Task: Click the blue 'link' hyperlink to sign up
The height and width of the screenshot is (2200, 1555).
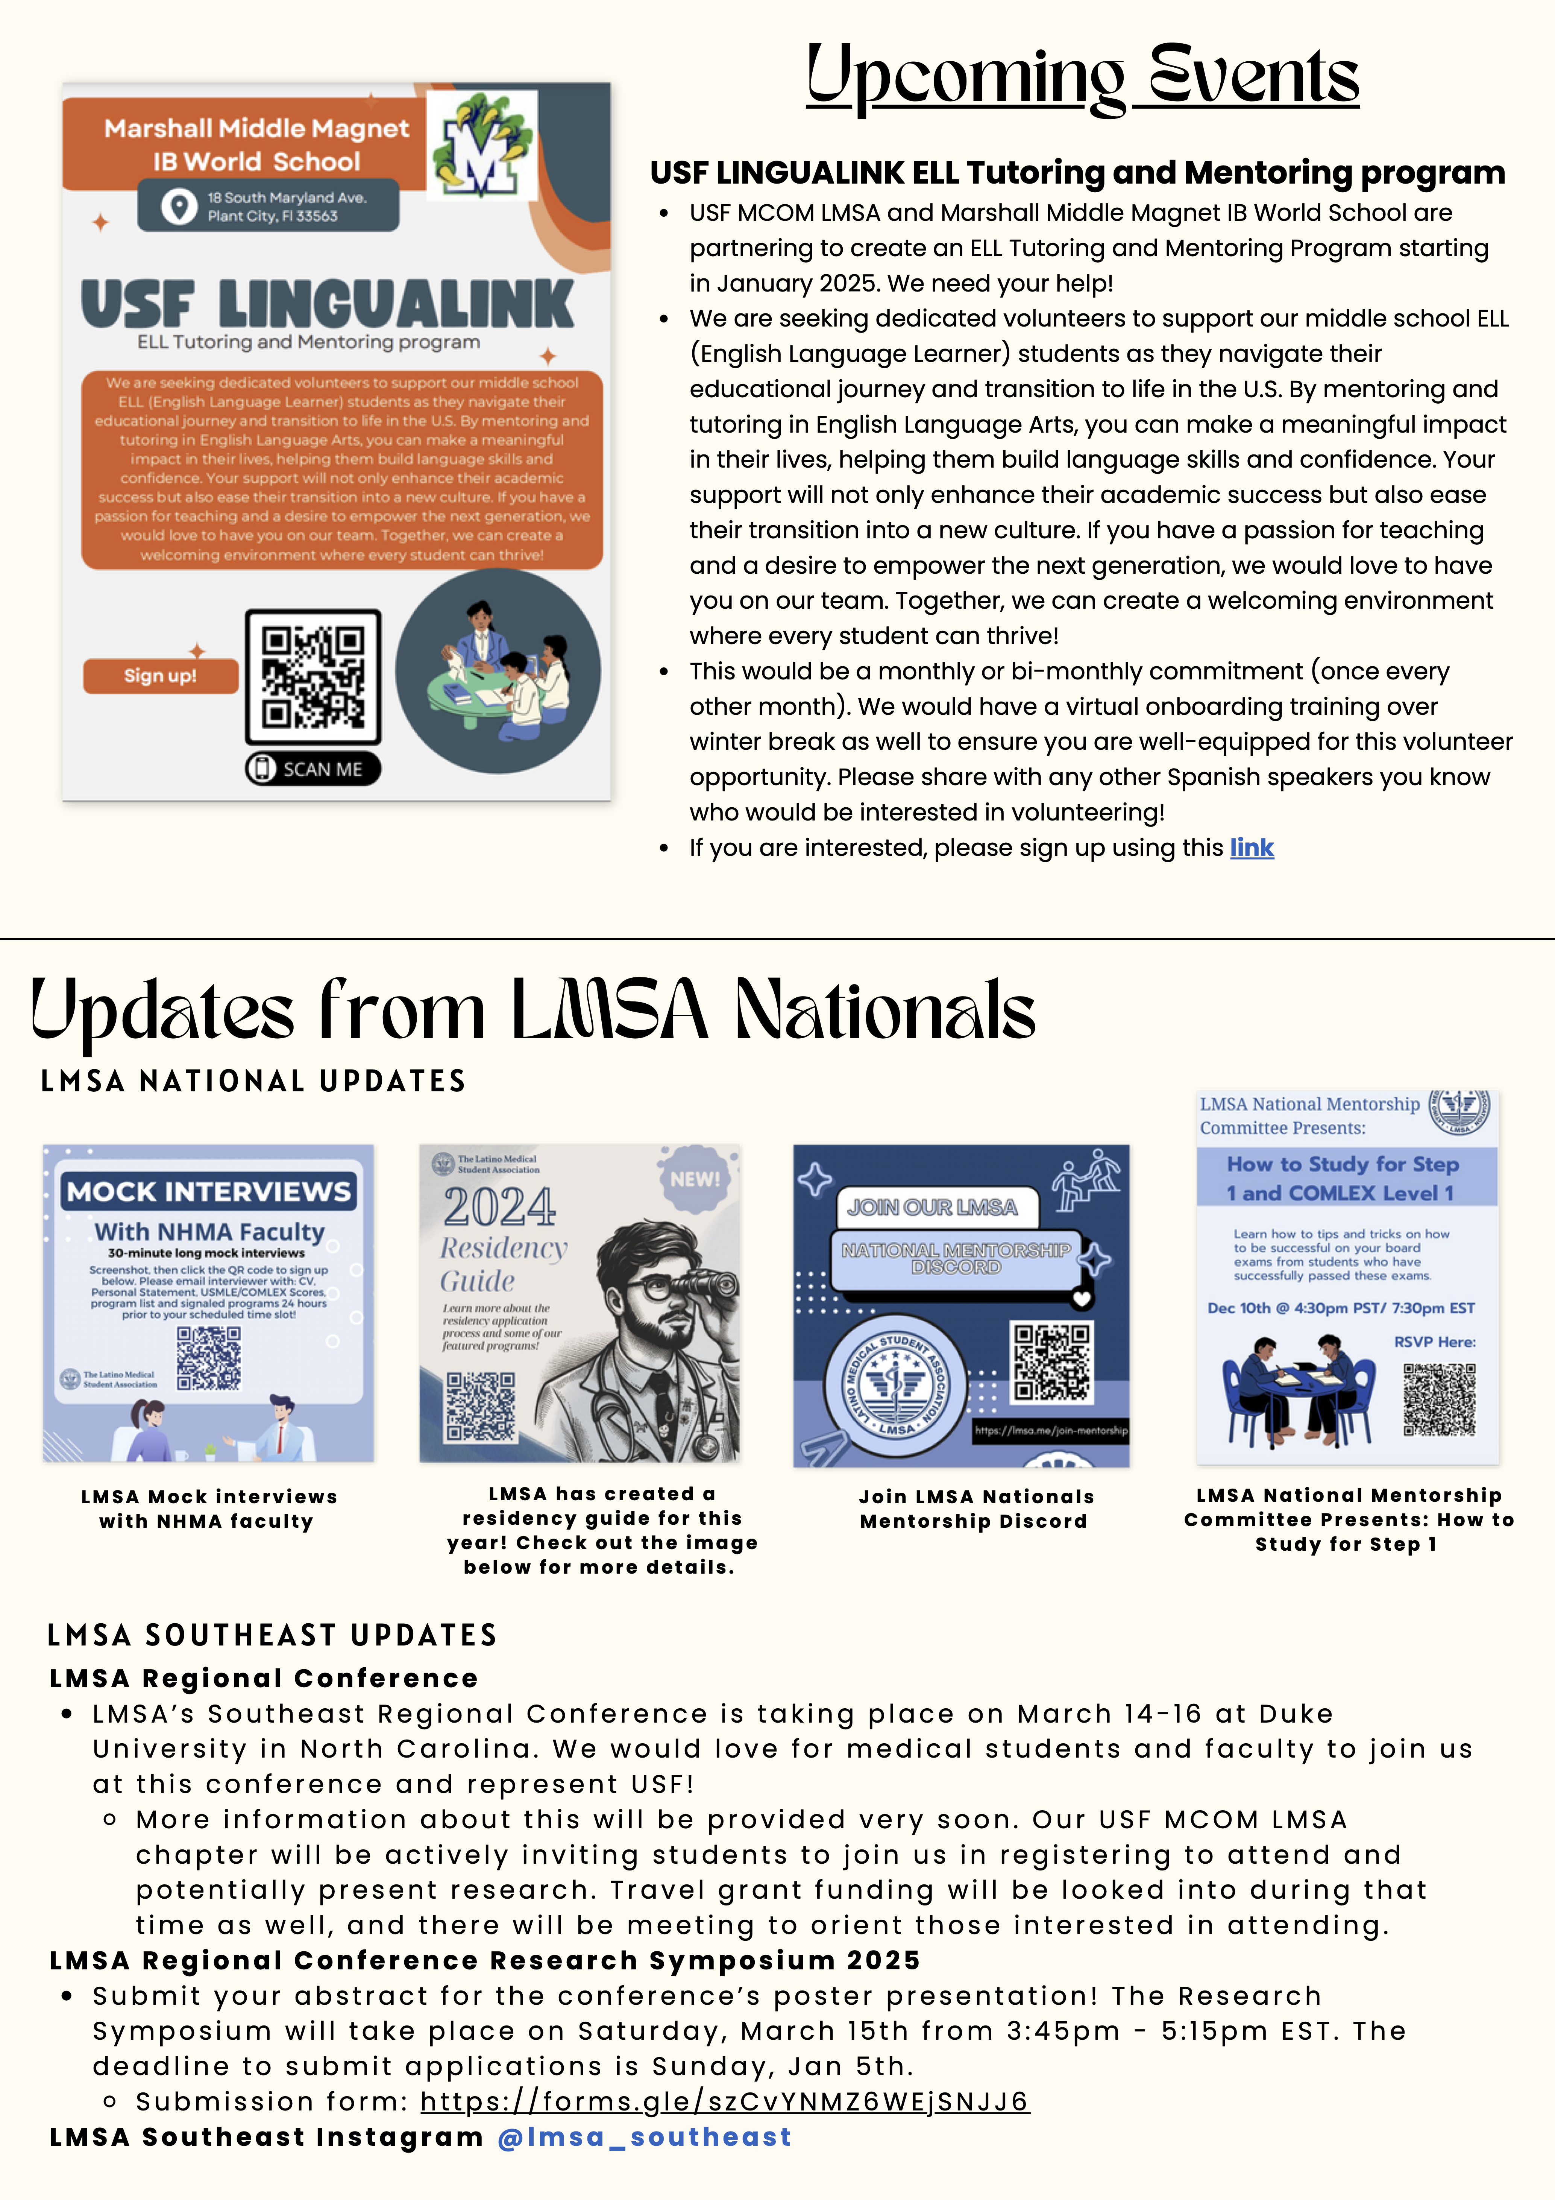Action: click(x=1251, y=848)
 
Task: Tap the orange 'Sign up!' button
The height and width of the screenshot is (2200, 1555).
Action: click(x=160, y=676)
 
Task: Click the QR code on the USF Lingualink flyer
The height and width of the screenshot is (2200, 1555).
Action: click(x=313, y=676)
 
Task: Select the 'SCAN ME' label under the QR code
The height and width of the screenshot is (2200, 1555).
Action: click(x=313, y=769)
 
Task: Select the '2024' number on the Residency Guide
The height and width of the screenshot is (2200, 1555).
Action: click(x=499, y=1207)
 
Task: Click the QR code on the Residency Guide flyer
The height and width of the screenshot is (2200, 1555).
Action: click(x=481, y=1406)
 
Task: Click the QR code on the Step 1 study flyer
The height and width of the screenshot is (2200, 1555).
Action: click(x=1439, y=1399)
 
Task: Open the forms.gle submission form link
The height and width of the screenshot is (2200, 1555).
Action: click(x=724, y=2101)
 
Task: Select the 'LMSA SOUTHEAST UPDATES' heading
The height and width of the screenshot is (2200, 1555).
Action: click(x=272, y=1635)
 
